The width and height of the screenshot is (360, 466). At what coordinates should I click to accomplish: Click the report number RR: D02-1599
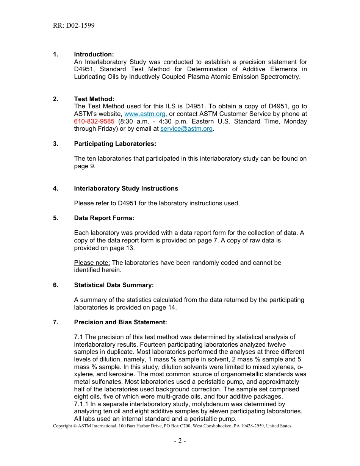coord(74,25)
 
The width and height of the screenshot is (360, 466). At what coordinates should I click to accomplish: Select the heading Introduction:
coord(94,55)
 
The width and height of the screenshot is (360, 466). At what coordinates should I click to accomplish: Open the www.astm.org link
coord(145,114)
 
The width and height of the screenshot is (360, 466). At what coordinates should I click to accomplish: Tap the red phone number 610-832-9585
coord(94,122)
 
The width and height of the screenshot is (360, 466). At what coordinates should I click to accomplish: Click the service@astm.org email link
coord(186,129)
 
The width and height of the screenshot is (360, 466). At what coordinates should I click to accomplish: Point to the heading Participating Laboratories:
coord(115,144)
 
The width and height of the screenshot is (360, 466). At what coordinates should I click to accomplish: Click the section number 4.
coord(55,189)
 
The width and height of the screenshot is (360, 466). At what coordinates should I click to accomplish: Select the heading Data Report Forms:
coord(104,218)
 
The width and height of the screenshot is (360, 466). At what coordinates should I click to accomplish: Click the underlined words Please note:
coord(92,263)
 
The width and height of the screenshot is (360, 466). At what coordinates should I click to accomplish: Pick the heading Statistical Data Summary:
coord(114,285)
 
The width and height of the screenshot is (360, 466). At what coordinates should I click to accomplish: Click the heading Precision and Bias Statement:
coord(120,322)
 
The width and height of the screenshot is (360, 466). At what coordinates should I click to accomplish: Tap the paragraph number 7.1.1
coord(81,404)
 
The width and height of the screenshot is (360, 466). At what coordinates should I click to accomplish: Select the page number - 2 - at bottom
coord(180,441)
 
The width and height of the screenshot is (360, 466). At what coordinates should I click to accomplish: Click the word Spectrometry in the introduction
coord(281,77)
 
